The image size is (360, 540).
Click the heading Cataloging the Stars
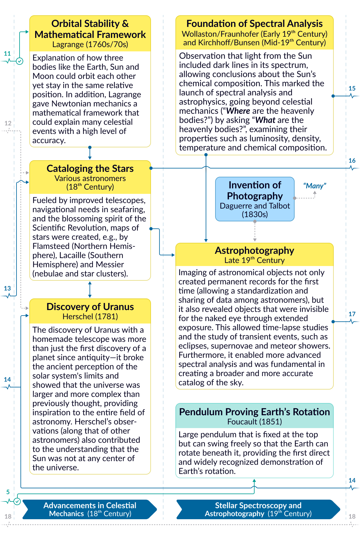click(90, 168)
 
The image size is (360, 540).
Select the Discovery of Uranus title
click(90, 307)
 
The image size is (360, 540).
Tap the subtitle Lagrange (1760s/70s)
click(90, 44)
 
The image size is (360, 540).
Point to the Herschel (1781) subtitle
click(90, 316)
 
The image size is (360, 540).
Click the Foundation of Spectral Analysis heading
click(254, 24)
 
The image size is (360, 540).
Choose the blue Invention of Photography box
click(255, 199)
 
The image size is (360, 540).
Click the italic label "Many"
click(314, 186)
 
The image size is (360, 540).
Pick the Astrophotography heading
click(254, 250)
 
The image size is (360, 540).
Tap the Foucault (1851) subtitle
click(254, 422)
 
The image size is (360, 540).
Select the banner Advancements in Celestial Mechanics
click(90, 509)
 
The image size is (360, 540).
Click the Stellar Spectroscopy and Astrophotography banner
click(258, 509)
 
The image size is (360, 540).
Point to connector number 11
click(7, 54)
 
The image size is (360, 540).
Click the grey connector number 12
click(8, 123)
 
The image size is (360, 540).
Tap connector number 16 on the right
click(352, 161)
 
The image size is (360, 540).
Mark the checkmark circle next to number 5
click(17, 501)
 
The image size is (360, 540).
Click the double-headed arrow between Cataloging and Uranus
click(90, 290)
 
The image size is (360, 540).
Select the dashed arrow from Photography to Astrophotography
click(255, 231)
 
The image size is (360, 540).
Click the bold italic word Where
click(238, 111)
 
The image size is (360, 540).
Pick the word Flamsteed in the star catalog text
click(51, 246)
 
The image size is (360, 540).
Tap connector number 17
click(352, 314)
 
